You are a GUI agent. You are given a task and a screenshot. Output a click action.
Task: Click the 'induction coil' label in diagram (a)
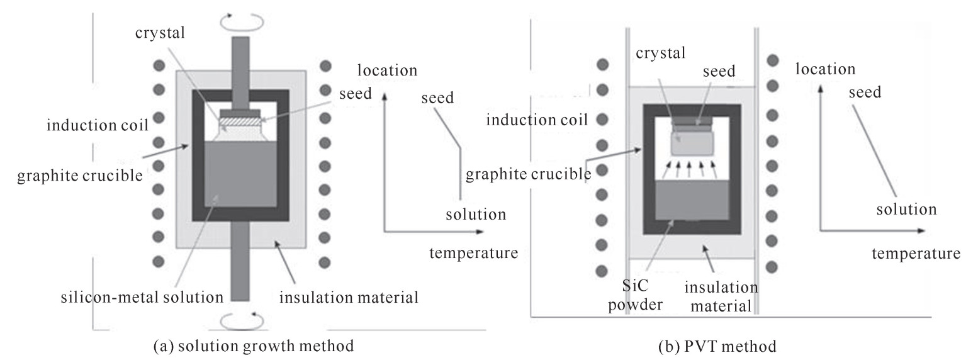97,126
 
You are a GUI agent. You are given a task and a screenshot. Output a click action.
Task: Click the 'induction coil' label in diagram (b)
536,120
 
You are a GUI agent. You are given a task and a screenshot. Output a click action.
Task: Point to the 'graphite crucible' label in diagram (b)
528,174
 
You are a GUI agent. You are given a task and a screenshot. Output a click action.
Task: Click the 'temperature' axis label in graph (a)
474,253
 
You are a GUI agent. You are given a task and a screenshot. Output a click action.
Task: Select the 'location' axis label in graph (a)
386,70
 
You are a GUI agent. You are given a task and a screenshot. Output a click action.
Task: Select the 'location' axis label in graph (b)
825,69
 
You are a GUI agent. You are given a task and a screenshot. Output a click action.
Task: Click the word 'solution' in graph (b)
906,209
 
